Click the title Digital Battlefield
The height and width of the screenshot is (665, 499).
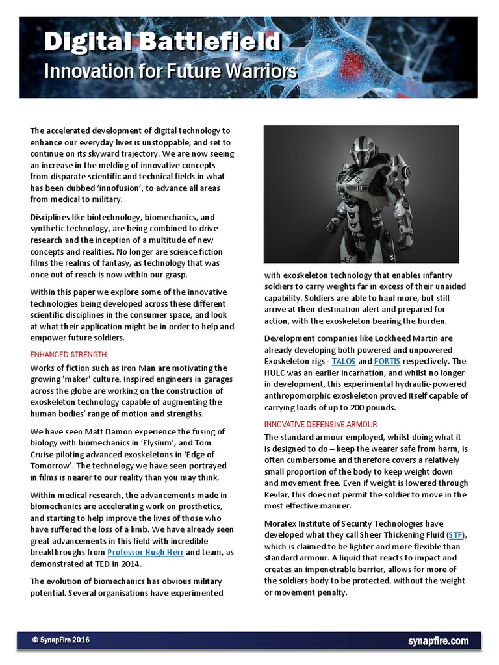(x=162, y=44)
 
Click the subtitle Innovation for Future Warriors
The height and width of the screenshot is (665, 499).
(x=170, y=71)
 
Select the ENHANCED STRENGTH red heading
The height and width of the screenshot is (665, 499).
(x=68, y=355)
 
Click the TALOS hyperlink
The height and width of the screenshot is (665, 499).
(x=343, y=361)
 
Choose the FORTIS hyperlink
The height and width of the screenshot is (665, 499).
(x=387, y=361)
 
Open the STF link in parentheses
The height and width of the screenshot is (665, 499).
(x=455, y=534)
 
